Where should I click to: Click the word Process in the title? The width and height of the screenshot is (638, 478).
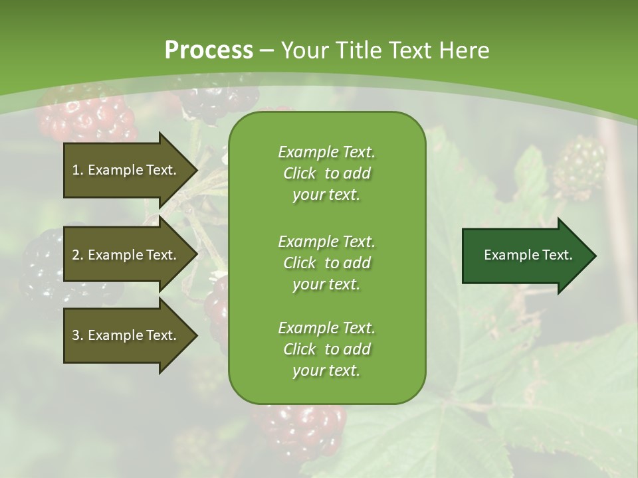[x=209, y=50]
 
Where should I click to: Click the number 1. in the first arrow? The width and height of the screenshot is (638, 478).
[x=77, y=170]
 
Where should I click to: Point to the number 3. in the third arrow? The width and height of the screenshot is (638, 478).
[x=77, y=335]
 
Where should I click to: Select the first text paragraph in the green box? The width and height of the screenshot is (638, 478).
[x=326, y=173]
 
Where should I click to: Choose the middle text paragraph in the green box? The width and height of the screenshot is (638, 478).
[x=326, y=262]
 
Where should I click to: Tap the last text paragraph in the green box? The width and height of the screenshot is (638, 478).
[x=326, y=349]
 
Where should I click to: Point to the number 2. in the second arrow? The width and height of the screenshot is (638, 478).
[x=77, y=255]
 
